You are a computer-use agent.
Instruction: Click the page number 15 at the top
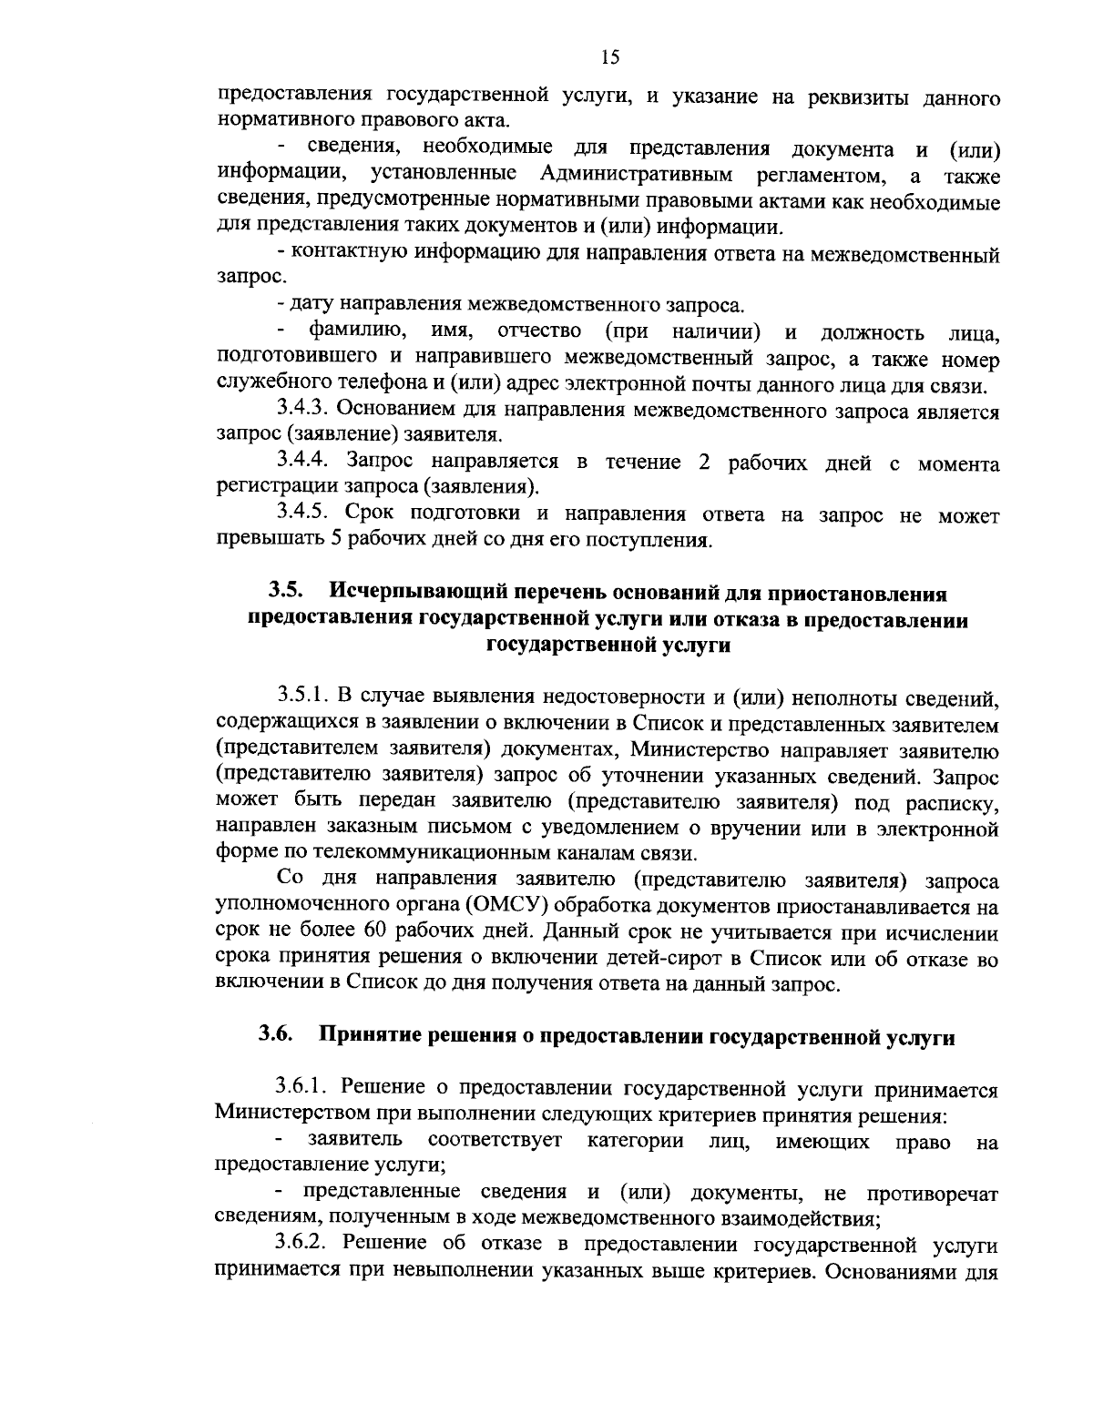tap(610, 57)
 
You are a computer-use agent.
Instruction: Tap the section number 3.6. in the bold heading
tap(276, 1034)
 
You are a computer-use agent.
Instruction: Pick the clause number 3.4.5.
tap(307, 515)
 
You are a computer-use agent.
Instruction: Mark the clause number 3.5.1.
tap(303, 697)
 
